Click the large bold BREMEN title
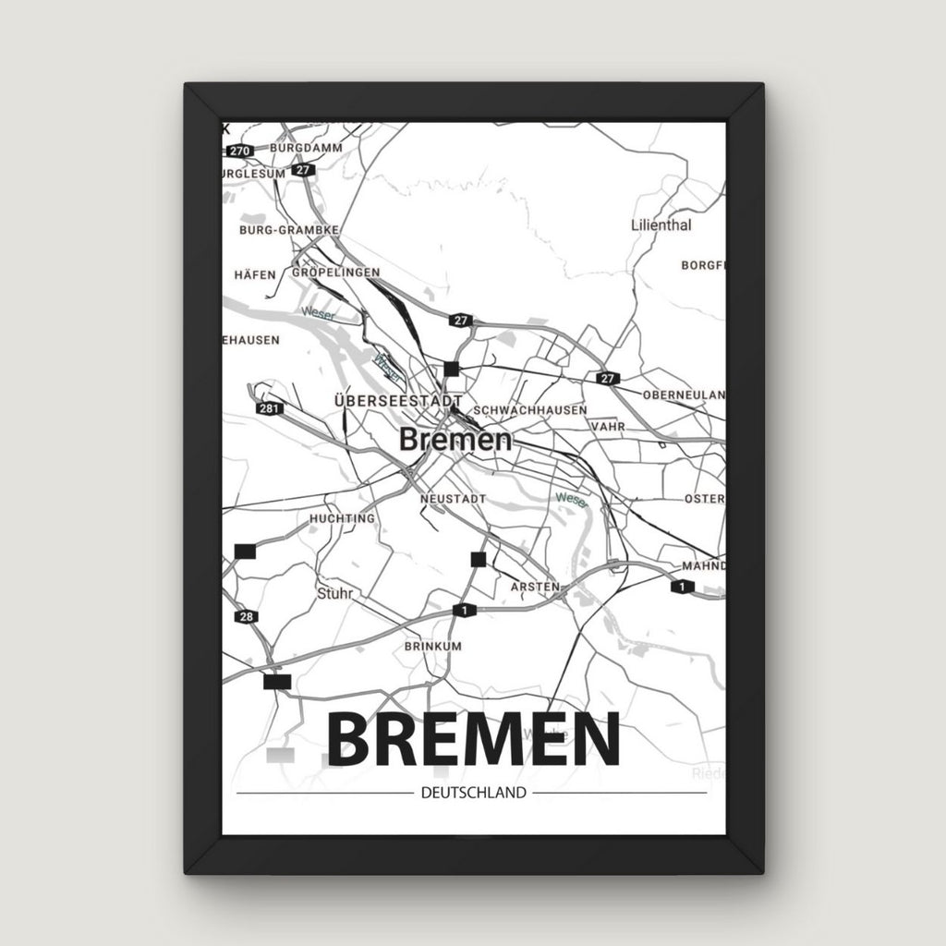[x=473, y=740]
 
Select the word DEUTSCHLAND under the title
[x=472, y=793]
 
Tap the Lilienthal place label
[x=661, y=224]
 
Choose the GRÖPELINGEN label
[x=335, y=273]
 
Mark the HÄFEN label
[x=256, y=274]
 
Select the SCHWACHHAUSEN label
[x=529, y=409]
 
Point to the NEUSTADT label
[x=453, y=498]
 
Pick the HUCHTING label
[x=343, y=518]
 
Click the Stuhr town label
[x=334, y=592]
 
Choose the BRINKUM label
[x=432, y=647]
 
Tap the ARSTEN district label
[x=535, y=587]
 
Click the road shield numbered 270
[x=241, y=151]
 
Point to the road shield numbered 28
[x=245, y=617]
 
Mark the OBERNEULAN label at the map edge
[x=684, y=394]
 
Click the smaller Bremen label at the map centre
[x=455, y=440]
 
